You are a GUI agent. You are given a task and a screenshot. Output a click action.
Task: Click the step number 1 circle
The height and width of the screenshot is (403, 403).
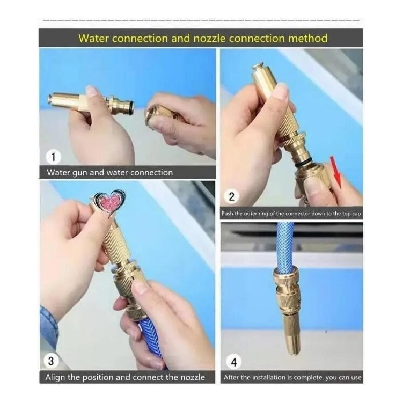[x=54, y=157]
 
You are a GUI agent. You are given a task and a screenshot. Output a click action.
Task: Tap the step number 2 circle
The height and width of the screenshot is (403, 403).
[x=231, y=196]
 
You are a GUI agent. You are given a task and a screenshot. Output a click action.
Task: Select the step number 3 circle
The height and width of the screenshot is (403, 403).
[x=51, y=361]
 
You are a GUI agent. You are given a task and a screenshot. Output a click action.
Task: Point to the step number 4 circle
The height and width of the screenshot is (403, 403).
[x=233, y=362]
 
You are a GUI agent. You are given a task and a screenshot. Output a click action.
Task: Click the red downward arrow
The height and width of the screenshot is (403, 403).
[x=336, y=172]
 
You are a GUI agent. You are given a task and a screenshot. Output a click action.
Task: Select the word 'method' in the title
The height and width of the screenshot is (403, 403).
[x=307, y=38]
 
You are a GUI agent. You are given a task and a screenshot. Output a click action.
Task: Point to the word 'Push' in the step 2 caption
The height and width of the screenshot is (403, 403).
[x=227, y=214]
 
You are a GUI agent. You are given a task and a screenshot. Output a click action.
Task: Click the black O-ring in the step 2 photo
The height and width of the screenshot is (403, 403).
[x=303, y=164]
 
